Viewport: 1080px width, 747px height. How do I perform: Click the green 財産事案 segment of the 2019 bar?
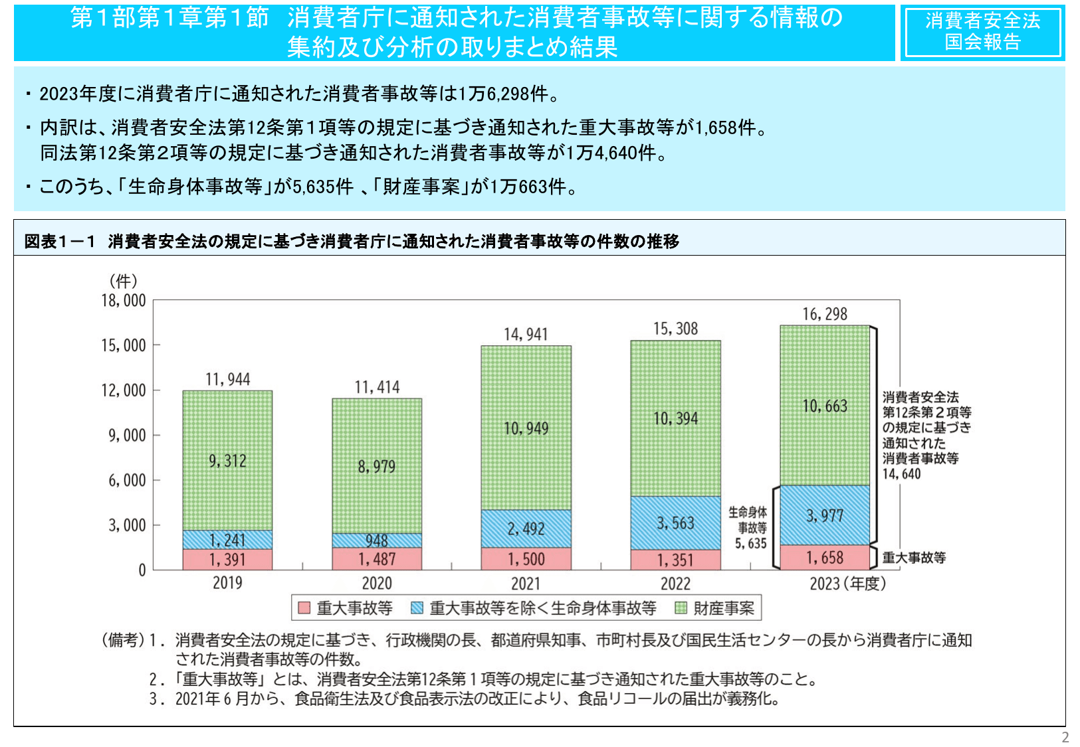pyautogui.click(x=227, y=460)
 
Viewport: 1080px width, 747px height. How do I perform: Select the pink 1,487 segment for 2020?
pyautogui.click(x=377, y=559)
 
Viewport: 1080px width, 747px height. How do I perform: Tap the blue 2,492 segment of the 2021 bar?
pyautogui.click(x=526, y=529)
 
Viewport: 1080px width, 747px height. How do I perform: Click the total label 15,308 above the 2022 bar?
pyautogui.click(x=675, y=329)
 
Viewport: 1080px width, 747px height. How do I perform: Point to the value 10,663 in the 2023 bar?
pyautogui.click(x=825, y=406)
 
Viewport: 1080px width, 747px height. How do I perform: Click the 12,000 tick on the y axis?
pyautogui.click(x=123, y=390)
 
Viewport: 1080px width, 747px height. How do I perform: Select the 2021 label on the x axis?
pyautogui.click(x=526, y=584)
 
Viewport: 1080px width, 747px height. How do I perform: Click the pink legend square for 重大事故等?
pyautogui.click(x=304, y=608)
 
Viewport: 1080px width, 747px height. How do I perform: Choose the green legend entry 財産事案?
pyautogui.click(x=716, y=608)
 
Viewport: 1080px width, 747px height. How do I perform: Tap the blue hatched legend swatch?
pyautogui.click(x=417, y=608)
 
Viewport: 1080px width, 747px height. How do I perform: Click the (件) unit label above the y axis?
pyautogui.click(x=123, y=281)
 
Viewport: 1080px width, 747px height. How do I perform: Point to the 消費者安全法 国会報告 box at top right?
pyautogui.click(x=982, y=32)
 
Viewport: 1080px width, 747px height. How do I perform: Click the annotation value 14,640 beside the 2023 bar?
pyautogui.click(x=901, y=474)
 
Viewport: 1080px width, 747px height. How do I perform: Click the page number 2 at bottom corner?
pyautogui.click(x=1065, y=737)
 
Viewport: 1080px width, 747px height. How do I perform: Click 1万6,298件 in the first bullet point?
pyautogui.click(x=508, y=94)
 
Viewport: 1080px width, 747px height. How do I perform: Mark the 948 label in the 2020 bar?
pyautogui.click(x=377, y=540)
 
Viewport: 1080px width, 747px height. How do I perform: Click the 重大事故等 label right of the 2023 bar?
pyautogui.click(x=914, y=558)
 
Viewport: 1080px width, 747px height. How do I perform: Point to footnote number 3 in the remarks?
pyautogui.click(x=154, y=699)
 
